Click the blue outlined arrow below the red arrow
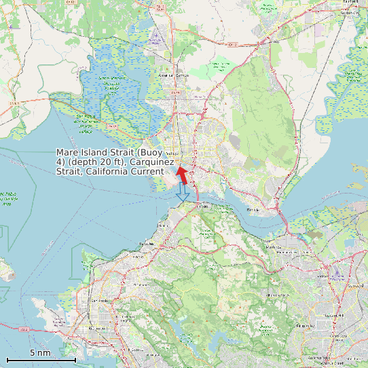182,196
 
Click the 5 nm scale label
39,353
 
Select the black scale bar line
41,359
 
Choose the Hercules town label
143,243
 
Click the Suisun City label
350,12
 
